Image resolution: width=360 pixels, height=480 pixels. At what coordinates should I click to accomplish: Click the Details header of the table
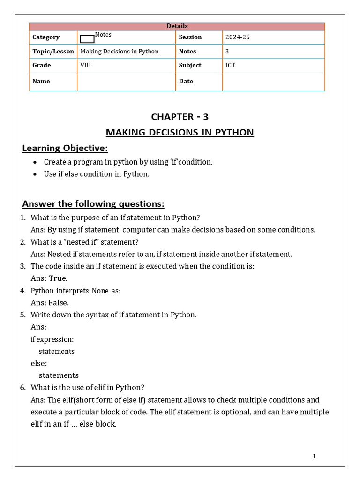(177, 26)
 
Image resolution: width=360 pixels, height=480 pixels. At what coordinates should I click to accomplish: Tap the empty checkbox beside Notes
(87, 39)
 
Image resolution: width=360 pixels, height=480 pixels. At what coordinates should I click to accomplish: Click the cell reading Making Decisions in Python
(120, 52)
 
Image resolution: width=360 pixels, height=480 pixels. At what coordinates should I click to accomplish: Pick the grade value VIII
(86, 65)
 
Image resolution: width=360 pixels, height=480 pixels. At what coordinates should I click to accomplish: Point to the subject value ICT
(230, 65)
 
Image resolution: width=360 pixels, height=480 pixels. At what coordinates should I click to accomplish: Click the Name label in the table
(41, 81)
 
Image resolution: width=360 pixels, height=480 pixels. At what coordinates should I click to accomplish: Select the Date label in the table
(186, 81)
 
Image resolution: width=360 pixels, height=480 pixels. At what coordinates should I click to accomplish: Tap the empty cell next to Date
(273, 81)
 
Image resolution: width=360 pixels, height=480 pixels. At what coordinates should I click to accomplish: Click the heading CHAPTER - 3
(180, 117)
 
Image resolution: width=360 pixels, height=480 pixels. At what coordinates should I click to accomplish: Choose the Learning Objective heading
(65, 149)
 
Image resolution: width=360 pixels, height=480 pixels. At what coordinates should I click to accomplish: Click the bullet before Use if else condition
(35, 174)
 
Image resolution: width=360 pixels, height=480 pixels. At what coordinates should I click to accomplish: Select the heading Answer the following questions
(93, 204)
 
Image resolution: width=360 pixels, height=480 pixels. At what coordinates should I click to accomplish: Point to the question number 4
(22, 291)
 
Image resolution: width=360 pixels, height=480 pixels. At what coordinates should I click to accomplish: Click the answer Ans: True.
(49, 278)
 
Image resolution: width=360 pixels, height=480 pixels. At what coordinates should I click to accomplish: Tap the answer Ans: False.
(50, 303)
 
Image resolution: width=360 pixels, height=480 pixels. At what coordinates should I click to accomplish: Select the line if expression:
(52, 339)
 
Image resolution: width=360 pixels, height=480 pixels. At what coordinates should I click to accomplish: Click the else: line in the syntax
(39, 363)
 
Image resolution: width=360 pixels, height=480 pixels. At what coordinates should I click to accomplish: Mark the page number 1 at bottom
(314, 456)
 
